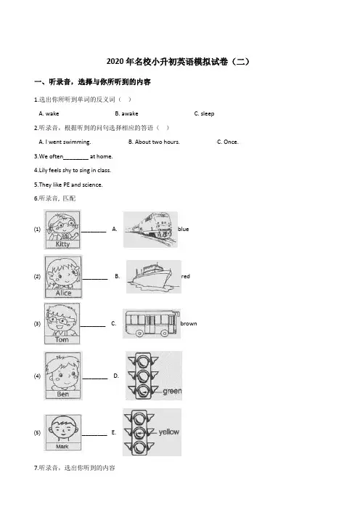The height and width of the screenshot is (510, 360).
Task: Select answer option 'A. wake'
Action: (x=49, y=113)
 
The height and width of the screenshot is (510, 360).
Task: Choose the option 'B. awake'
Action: (x=126, y=113)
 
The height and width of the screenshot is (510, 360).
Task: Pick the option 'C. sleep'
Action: (x=204, y=113)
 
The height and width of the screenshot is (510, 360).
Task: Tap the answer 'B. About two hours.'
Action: (x=154, y=142)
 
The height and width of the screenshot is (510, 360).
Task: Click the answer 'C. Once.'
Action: (x=227, y=142)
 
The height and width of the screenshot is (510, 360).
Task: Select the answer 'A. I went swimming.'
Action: (x=65, y=142)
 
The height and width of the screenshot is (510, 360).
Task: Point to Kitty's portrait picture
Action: (x=62, y=230)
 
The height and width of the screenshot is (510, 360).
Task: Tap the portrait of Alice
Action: (x=63, y=277)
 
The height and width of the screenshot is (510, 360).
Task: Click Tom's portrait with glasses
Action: (x=62, y=323)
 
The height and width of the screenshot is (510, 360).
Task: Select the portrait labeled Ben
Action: (x=63, y=376)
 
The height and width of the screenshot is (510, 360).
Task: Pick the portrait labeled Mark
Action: (x=62, y=432)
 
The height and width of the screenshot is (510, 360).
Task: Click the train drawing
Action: (x=150, y=230)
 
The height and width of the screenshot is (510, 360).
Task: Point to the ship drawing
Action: (x=154, y=277)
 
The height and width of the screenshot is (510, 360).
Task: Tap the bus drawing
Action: (x=152, y=323)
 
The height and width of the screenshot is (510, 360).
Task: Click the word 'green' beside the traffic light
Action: (x=172, y=391)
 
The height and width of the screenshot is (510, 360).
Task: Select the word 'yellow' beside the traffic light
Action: (x=169, y=432)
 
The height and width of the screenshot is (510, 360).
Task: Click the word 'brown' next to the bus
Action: (x=189, y=323)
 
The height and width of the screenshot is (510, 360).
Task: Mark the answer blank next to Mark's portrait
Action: (x=94, y=435)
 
